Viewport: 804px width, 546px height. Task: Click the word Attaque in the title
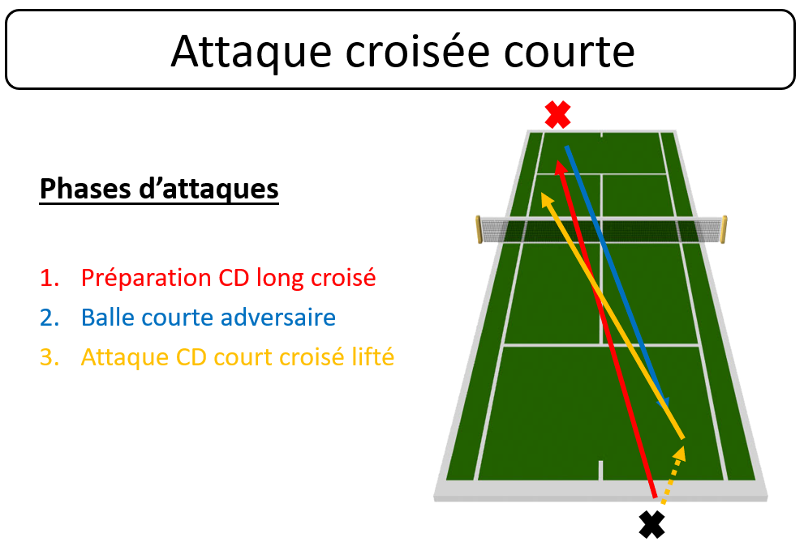252,52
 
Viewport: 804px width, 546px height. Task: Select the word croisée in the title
418,51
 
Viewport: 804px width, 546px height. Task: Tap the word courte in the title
570,52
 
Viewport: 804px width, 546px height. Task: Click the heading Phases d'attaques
159,189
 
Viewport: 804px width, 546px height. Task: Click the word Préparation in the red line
146,279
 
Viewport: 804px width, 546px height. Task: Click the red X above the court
558,115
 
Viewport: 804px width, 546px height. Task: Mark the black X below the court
651,524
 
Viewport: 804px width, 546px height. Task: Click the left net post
479,229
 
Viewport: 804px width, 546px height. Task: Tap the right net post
724,229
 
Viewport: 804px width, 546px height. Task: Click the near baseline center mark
600,470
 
